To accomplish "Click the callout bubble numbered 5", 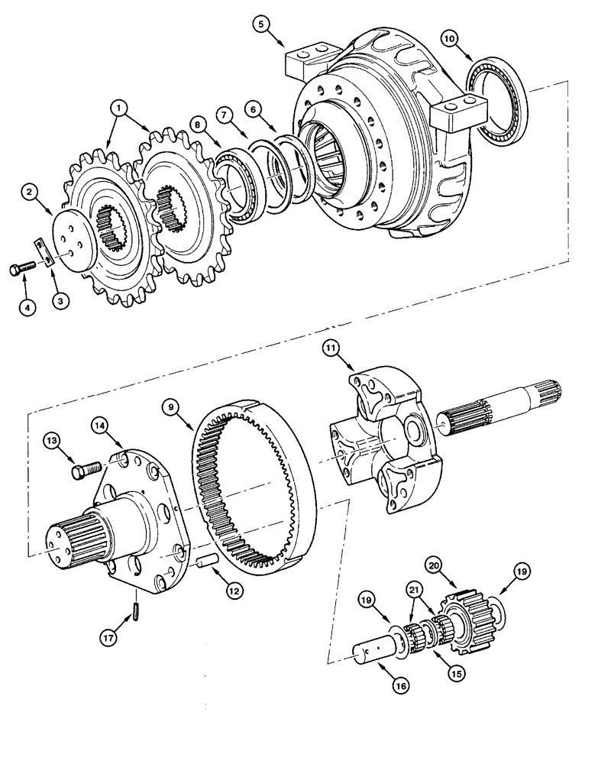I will [263, 25].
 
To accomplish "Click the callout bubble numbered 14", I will [105, 425].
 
